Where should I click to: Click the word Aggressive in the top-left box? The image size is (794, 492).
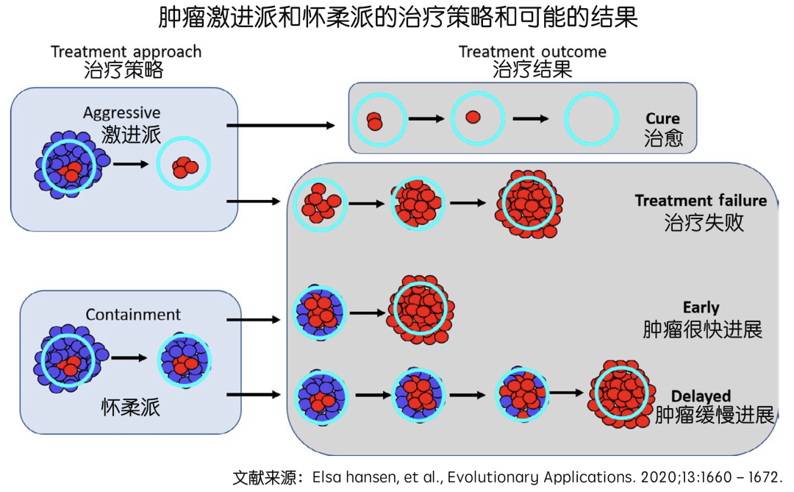click(x=121, y=113)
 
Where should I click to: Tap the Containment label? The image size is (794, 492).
click(x=133, y=315)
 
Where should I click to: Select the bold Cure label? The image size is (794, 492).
click(x=662, y=118)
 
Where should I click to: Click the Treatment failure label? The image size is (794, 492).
click(x=701, y=201)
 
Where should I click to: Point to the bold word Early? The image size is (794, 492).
click(x=701, y=307)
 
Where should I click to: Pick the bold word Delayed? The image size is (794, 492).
click(x=701, y=396)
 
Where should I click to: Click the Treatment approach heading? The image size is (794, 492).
click(x=126, y=52)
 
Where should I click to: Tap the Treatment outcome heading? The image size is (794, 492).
click(x=532, y=51)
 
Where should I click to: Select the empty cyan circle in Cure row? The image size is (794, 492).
click(x=590, y=119)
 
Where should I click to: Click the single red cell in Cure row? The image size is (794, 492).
click(x=473, y=118)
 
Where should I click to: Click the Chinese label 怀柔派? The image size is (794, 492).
click(x=131, y=407)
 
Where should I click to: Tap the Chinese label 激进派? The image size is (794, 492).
click(x=131, y=134)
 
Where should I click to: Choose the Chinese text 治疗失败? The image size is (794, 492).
click(x=704, y=222)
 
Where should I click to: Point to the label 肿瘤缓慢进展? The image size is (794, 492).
click(x=715, y=416)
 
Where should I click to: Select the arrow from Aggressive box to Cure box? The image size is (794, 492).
click(x=286, y=125)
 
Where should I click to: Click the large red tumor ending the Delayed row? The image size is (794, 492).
click(x=621, y=393)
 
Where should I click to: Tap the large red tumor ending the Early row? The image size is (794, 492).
click(x=421, y=309)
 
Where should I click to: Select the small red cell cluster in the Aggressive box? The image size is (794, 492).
click(x=185, y=167)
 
